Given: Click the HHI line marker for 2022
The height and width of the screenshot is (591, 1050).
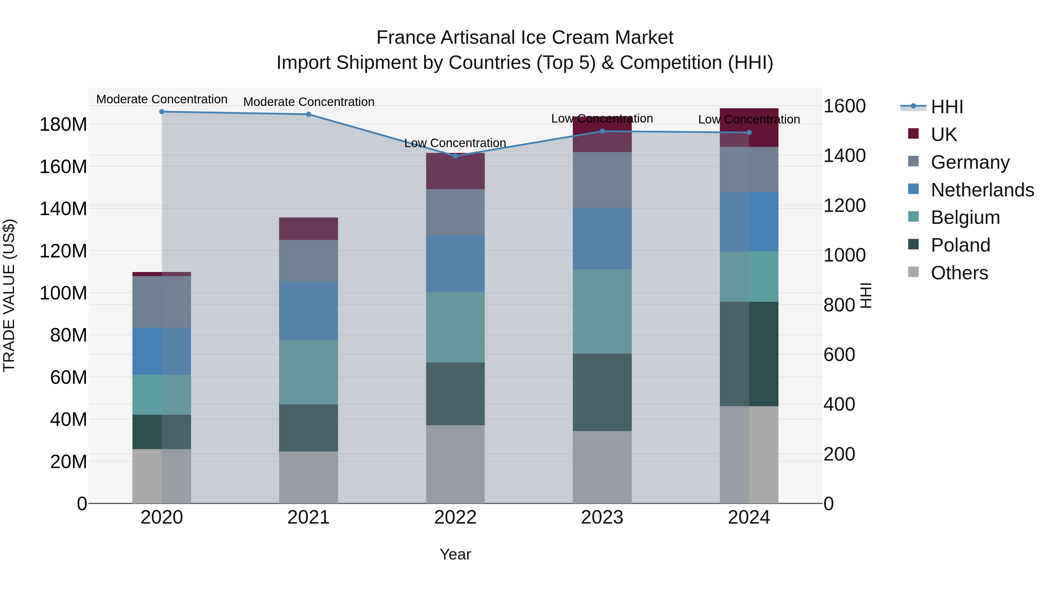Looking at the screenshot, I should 455,156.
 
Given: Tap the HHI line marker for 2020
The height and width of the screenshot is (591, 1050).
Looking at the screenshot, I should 162,111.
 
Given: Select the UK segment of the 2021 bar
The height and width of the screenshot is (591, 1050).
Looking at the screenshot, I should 309,229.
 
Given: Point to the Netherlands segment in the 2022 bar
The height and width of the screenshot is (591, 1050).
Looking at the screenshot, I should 455,264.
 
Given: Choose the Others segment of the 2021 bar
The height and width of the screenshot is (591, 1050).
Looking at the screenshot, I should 309,477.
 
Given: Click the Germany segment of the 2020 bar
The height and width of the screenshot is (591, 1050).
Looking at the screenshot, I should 162,302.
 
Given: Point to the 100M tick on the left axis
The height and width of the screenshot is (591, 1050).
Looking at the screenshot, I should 63,293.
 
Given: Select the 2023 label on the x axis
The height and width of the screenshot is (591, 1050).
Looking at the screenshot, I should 602,517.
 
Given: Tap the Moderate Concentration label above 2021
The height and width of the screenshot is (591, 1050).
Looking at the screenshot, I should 309,102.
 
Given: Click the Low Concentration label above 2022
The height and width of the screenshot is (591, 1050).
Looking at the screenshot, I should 455,143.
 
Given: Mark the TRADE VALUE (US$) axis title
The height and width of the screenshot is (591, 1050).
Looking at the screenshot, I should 9,295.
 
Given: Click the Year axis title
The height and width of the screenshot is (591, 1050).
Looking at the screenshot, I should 455,554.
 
